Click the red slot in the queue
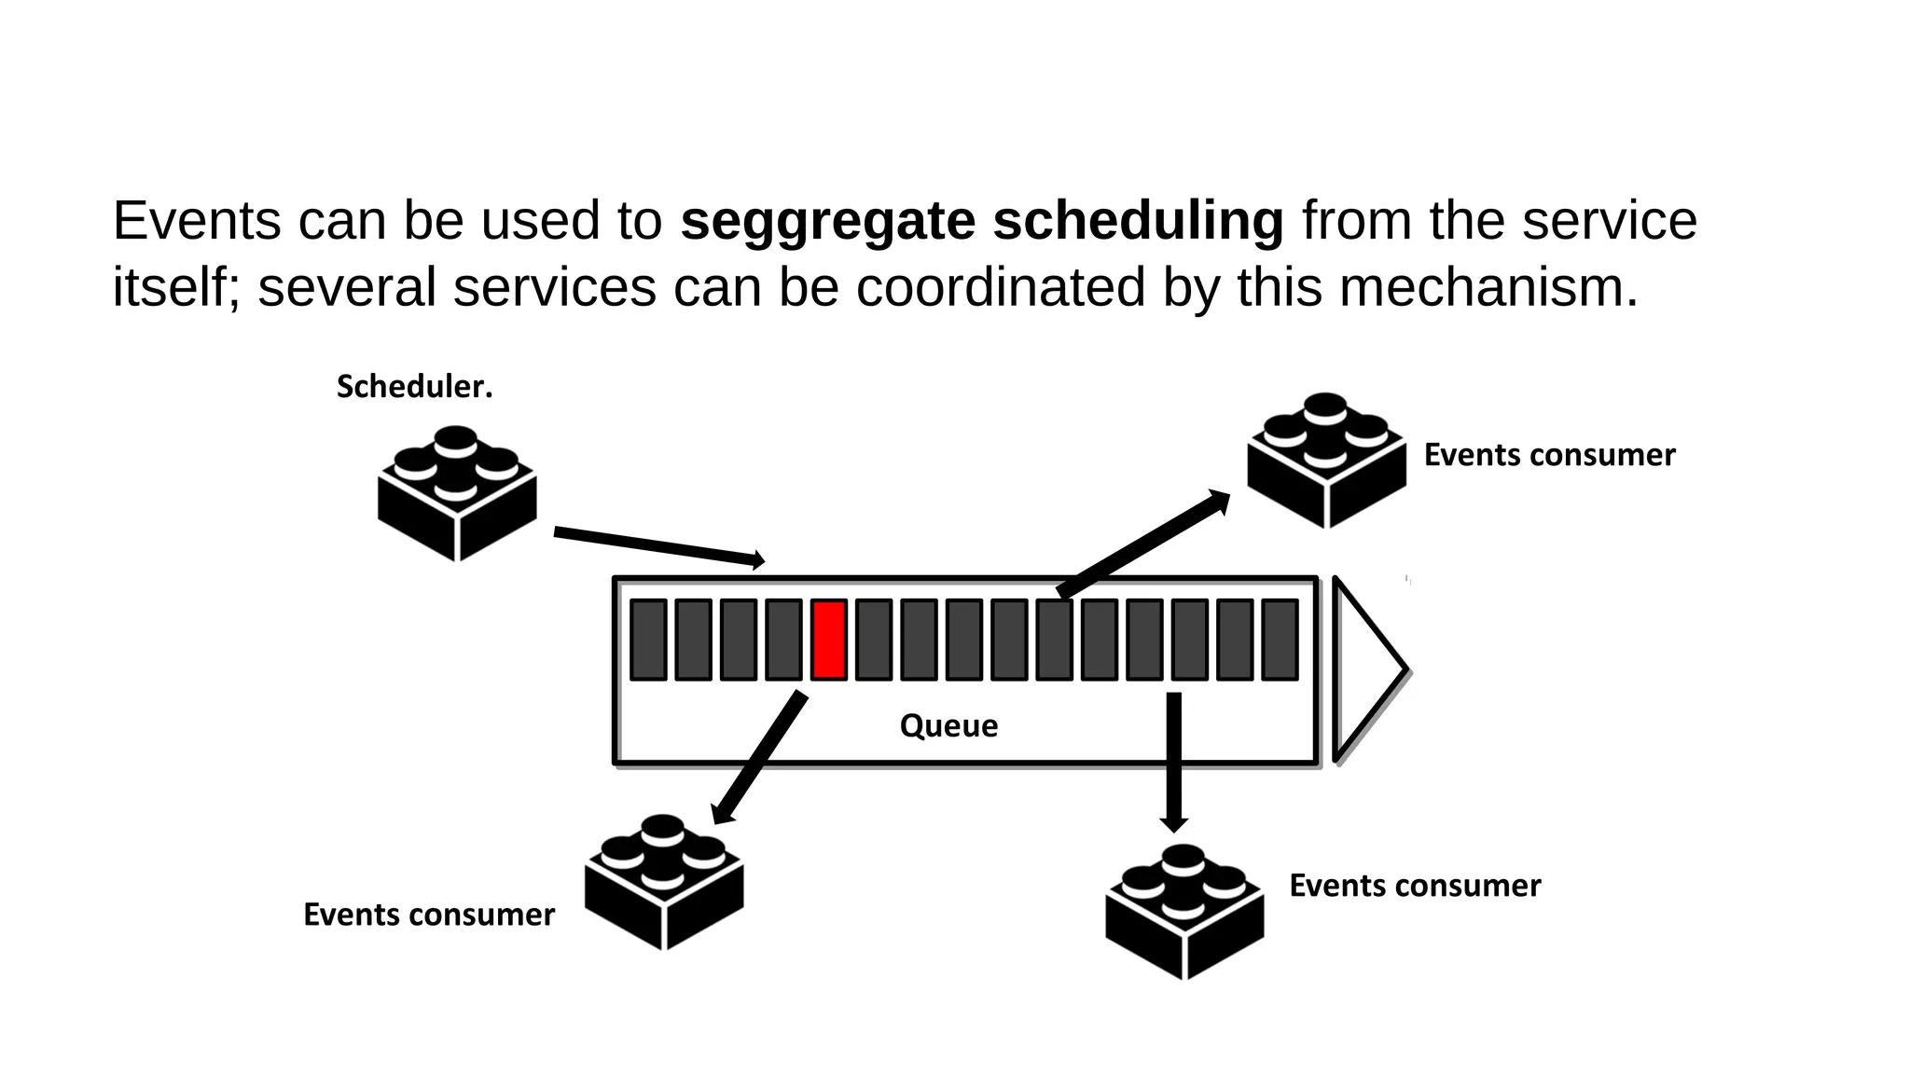(x=829, y=640)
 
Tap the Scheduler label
(x=414, y=387)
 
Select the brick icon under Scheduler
(x=457, y=493)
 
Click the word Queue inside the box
(x=948, y=725)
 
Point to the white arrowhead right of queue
(x=1367, y=668)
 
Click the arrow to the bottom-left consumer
(x=759, y=757)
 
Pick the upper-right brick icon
(x=1326, y=461)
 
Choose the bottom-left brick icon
(x=664, y=882)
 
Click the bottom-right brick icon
(x=1184, y=912)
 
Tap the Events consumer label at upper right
(x=1549, y=455)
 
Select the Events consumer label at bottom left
(x=429, y=915)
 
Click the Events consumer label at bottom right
(x=1415, y=886)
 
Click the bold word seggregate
(x=827, y=222)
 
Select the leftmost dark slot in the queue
(x=648, y=640)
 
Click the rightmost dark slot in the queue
(x=1280, y=640)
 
